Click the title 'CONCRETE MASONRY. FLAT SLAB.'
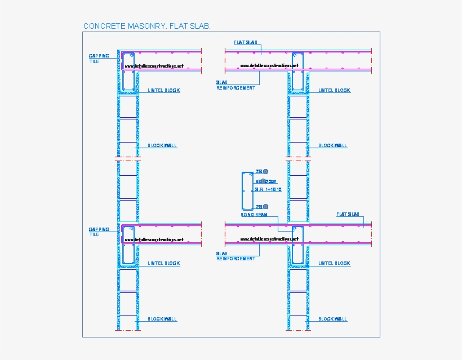(146, 26)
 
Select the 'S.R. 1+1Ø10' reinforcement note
(268, 190)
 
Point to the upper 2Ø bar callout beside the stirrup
(262, 171)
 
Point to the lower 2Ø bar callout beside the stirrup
(262, 207)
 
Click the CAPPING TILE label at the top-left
(99, 59)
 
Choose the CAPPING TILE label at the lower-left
(99, 232)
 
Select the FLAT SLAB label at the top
(246, 43)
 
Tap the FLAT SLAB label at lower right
(348, 215)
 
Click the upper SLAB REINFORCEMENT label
(236, 85)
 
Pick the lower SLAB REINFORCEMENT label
(236, 256)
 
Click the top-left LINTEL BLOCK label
(163, 90)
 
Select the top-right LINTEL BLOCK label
(334, 90)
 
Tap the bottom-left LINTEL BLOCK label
(163, 263)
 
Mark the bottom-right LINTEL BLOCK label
(334, 263)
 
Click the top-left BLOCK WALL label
(162, 145)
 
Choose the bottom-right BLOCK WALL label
(333, 319)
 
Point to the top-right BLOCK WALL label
(333, 145)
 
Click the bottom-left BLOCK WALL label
(162, 319)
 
